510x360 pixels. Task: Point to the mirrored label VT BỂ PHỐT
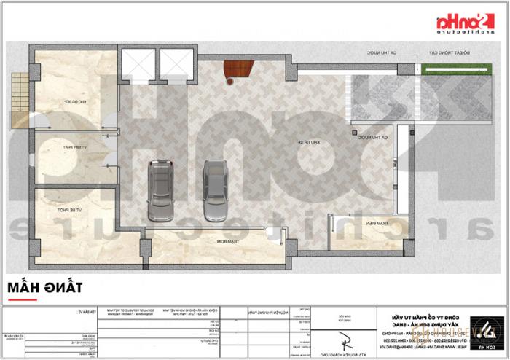(x=68, y=210)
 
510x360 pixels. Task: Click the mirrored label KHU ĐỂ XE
(x=314, y=142)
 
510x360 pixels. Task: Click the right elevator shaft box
(x=177, y=63)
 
